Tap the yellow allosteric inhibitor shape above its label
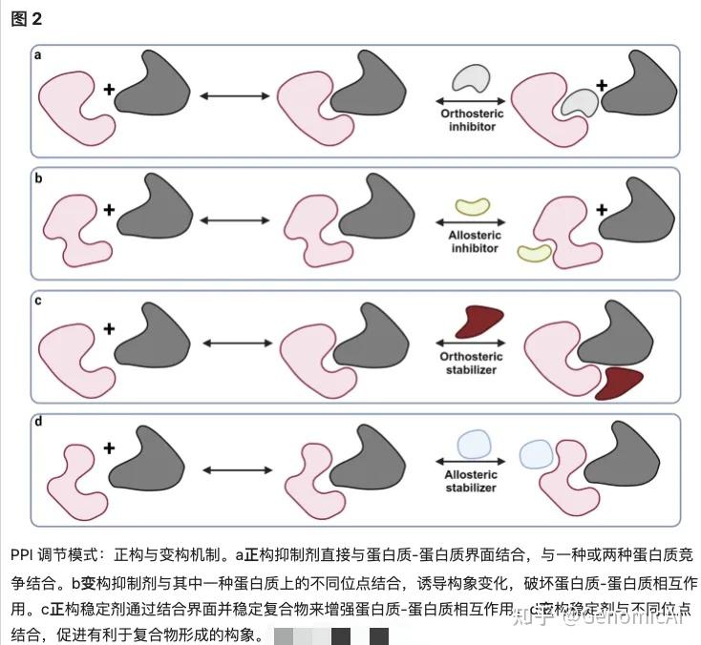click(x=472, y=204)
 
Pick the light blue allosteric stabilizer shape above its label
click(x=472, y=446)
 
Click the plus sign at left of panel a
click(x=109, y=90)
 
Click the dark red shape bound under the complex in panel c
click(x=615, y=381)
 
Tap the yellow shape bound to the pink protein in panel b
click(x=534, y=251)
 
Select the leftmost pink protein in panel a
click(x=74, y=107)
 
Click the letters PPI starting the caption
click(x=21, y=555)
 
